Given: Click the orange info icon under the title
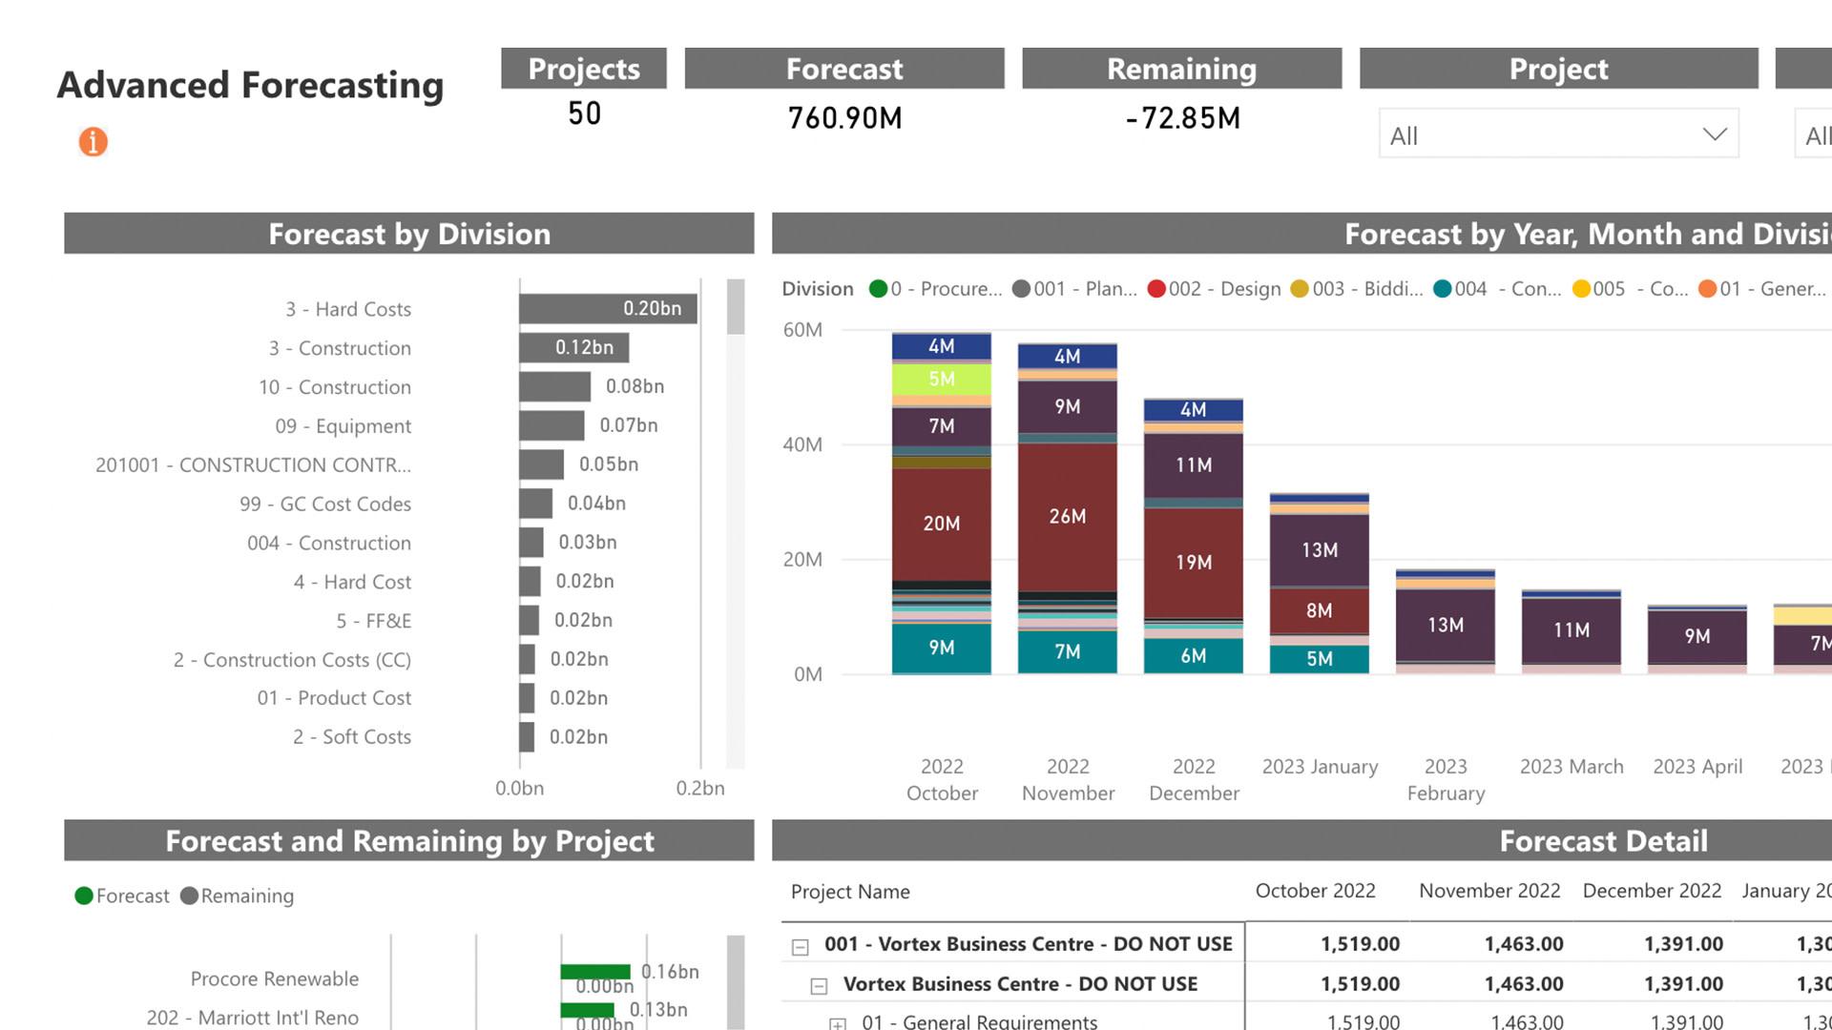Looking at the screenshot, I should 93,142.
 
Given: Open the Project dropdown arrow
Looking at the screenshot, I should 1714,134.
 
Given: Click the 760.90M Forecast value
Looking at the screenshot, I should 844,118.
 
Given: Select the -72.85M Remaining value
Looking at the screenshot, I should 1182,118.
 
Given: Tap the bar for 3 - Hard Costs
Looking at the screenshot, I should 607,308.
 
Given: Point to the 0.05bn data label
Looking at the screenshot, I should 609,464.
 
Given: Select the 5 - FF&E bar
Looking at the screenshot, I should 530,620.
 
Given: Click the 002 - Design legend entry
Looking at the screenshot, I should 1214,289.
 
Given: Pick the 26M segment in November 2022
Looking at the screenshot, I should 1067,516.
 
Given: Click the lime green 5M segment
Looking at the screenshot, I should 941,379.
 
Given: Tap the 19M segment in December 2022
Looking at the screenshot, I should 1193,562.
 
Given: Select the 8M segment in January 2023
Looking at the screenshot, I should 1319,610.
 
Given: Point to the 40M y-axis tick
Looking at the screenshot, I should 802,444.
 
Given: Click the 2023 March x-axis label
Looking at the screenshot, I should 1571,767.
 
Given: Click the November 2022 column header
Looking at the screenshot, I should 1488,891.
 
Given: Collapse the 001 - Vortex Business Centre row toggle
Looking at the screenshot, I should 801,947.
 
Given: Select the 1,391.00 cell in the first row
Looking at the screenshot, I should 1683,944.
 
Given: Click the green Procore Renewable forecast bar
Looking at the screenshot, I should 595,972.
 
